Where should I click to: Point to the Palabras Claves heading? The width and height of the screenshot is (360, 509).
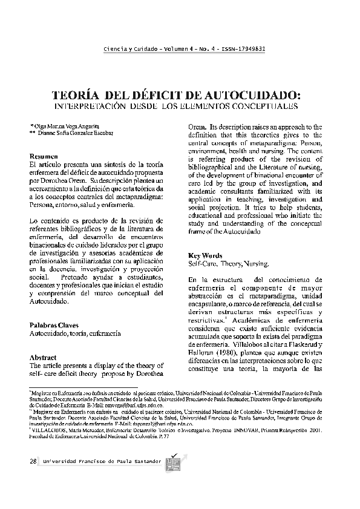(56, 325)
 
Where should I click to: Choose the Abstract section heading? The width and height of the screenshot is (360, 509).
(43, 358)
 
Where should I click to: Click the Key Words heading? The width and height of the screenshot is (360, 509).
(206, 255)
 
